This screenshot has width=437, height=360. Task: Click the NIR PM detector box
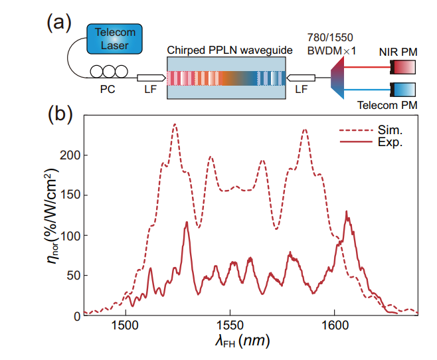(x=404, y=66)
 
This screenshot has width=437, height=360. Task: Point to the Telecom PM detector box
(x=404, y=88)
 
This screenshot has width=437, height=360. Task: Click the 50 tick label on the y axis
(x=69, y=275)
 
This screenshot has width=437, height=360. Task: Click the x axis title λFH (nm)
(x=240, y=343)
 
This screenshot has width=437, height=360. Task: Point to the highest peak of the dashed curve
(x=175, y=124)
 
